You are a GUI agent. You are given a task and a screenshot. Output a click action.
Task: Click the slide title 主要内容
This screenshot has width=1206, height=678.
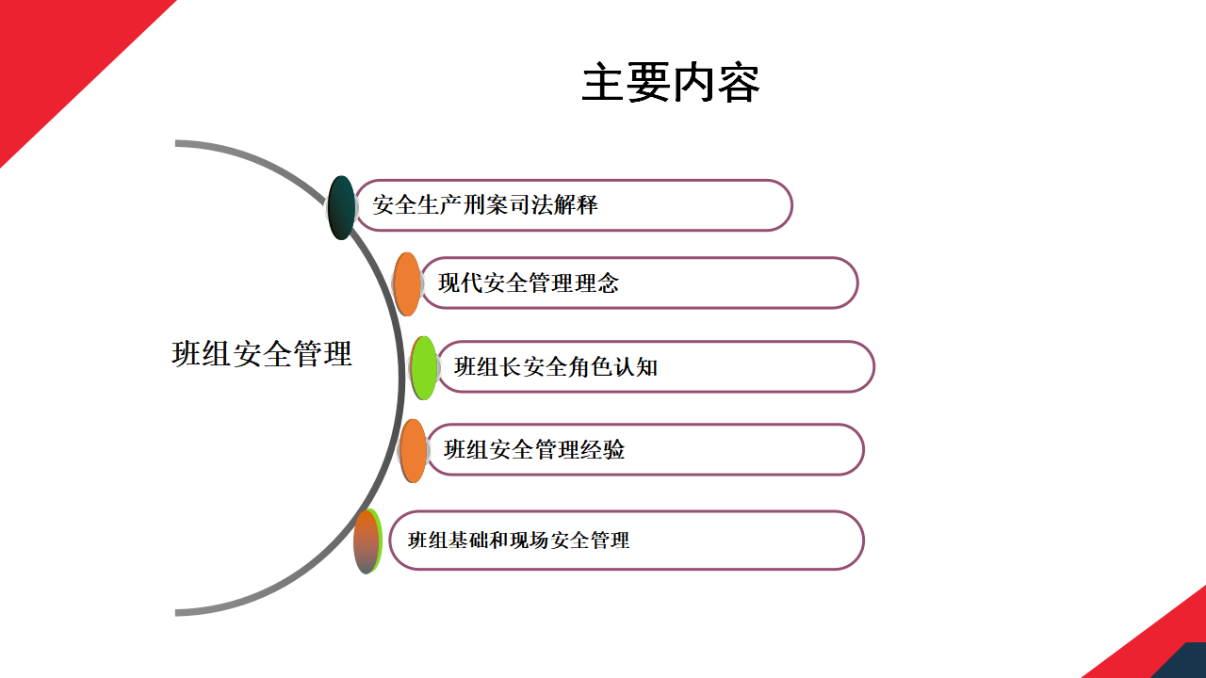pyautogui.click(x=670, y=83)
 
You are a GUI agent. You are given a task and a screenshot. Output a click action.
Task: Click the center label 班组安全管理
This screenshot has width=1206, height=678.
pyautogui.click(x=262, y=354)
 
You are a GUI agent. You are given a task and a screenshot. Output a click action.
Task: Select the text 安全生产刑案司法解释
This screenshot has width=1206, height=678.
pyautogui.click(x=485, y=204)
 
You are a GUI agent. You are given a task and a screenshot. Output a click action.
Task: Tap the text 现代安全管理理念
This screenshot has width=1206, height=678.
pyautogui.click(x=529, y=282)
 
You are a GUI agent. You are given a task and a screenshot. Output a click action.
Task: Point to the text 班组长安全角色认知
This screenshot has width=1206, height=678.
pyautogui.click(x=556, y=366)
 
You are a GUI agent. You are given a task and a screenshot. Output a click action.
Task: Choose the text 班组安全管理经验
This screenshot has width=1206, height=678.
pyautogui.click(x=534, y=449)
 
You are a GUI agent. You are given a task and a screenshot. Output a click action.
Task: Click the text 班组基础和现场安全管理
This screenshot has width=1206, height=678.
pyautogui.click(x=518, y=541)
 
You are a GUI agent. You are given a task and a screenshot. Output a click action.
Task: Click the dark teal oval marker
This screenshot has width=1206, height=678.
pyautogui.click(x=341, y=207)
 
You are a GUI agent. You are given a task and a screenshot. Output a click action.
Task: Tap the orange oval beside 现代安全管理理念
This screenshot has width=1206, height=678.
pyautogui.click(x=407, y=283)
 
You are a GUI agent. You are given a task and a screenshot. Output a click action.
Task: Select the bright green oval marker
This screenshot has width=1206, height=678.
pyautogui.click(x=424, y=367)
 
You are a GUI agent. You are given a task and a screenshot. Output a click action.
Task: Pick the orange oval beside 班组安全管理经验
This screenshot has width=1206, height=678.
pyautogui.click(x=413, y=450)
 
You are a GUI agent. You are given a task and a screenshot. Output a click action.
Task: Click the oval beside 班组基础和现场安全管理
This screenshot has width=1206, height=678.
pyautogui.click(x=367, y=541)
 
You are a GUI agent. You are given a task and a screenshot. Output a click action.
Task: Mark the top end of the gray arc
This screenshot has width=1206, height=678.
pyautogui.click(x=179, y=144)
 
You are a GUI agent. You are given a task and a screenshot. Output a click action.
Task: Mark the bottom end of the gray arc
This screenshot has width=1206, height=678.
pyautogui.click(x=179, y=612)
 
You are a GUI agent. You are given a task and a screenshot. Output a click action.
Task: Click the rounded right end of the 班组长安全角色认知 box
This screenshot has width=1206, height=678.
pyautogui.click(x=862, y=366)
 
